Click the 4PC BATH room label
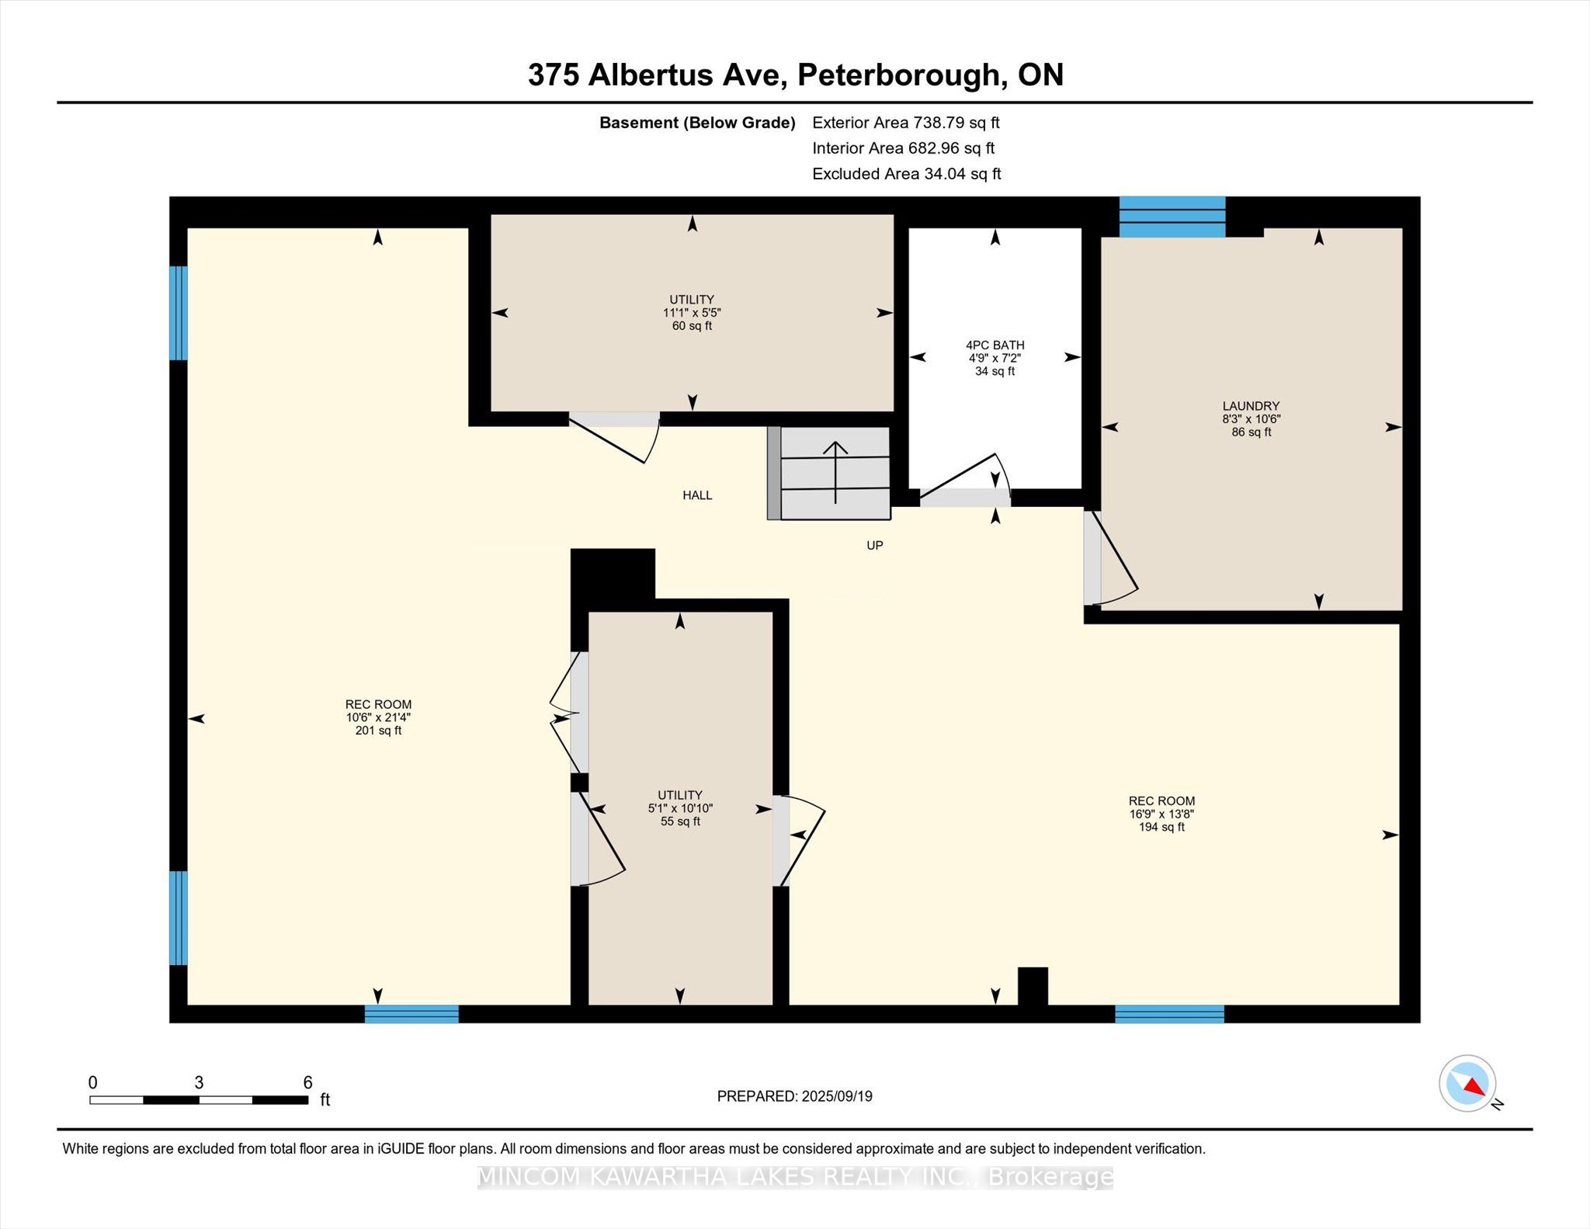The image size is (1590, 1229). click(995, 345)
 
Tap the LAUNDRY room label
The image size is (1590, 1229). click(1251, 405)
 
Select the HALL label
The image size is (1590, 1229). click(697, 495)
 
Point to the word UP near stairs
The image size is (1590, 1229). click(875, 546)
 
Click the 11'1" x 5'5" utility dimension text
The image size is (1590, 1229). click(692, 313)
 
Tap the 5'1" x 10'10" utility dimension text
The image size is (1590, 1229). click(680, 808)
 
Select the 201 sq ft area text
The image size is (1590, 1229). click(378, 731)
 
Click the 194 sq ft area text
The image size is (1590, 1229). click(1161, 827)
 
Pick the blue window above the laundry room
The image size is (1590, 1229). click(1172, 217)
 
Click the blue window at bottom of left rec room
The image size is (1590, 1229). click(411, 1014)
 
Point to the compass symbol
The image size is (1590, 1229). click(1467, 1083)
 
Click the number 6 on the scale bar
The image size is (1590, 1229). click(307, 1082)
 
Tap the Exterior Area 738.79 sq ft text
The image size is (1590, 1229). click(905, 123)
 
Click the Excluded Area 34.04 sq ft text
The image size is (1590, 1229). click(906, 174)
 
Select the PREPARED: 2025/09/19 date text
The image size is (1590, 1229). click(794, 1096)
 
